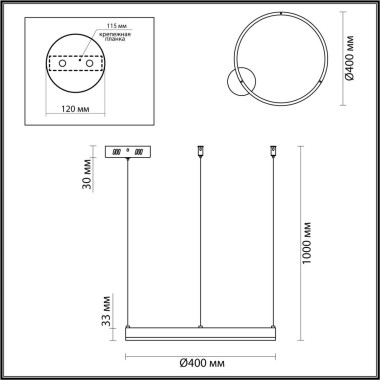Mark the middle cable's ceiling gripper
[x=199, y=153]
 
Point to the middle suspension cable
[x=199, y=240]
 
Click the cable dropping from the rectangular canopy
[x=126, y=240]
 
